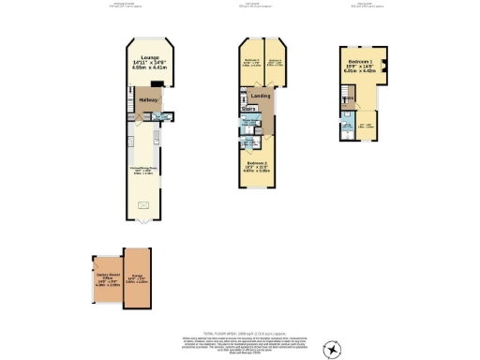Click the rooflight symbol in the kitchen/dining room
(143, 204)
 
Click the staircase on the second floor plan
(347, 95)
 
